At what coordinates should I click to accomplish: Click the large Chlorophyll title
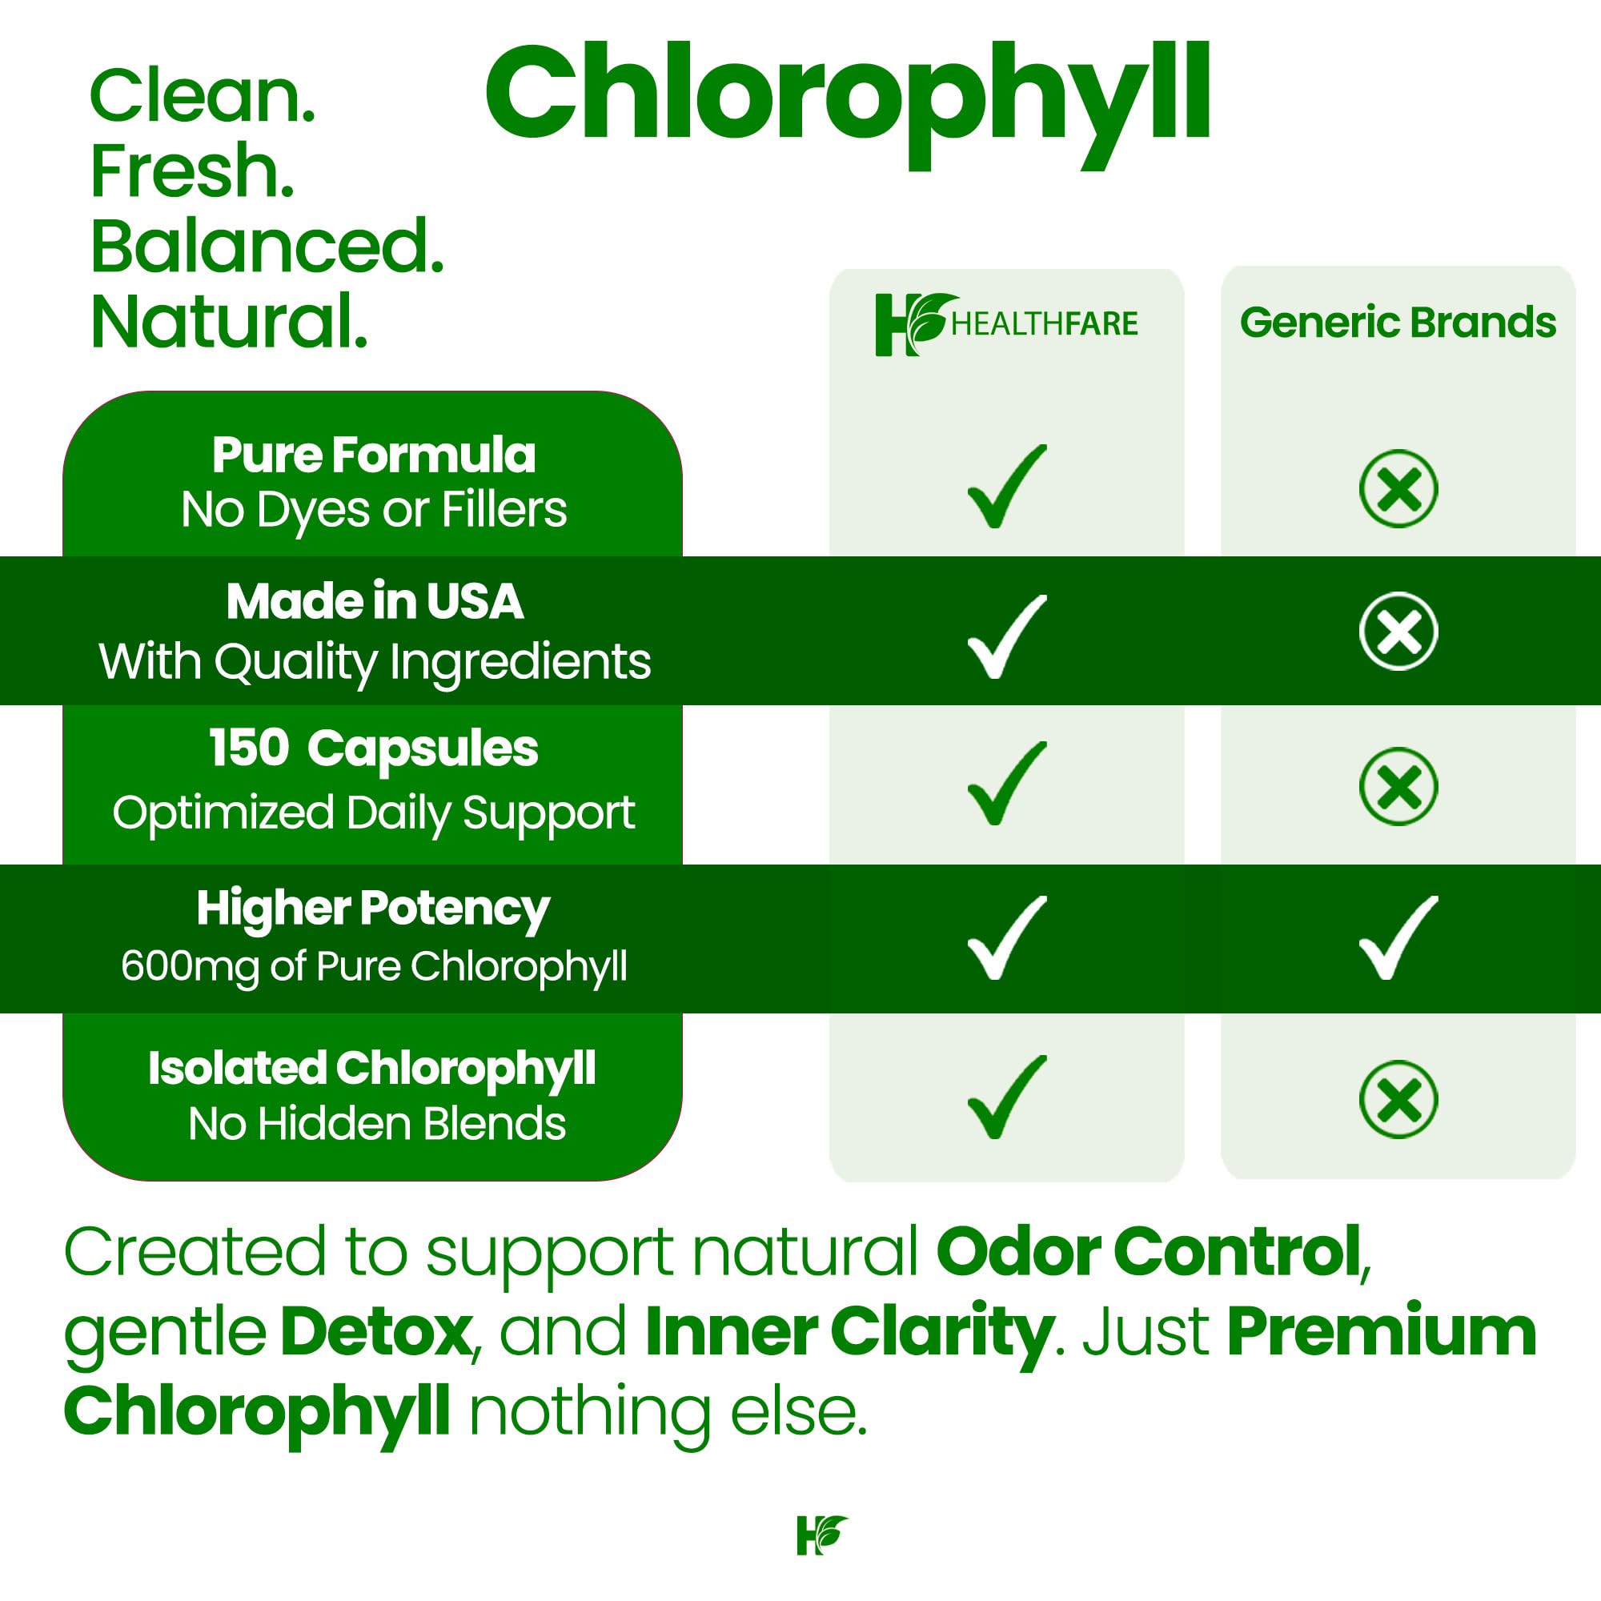847,98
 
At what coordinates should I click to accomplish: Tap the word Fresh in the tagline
192,171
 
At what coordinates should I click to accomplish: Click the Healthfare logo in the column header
1006,323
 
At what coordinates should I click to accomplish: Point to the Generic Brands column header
1397,323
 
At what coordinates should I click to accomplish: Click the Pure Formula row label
374,455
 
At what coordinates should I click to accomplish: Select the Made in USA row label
375,601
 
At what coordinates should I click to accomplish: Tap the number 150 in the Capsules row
249,748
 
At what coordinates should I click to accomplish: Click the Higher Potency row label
373,909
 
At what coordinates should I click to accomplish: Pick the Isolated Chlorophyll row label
371,1068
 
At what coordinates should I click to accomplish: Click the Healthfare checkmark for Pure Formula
1005,488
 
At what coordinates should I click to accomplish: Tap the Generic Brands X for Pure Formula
1398,489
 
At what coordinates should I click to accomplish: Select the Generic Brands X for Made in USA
1398,632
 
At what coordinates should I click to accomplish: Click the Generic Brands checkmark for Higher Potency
1398,937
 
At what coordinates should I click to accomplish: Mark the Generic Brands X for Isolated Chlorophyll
1398,1099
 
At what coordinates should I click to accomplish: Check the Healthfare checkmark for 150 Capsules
1005,784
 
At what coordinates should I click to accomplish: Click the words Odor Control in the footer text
1149,1252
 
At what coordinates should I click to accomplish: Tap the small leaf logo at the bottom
822,1535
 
